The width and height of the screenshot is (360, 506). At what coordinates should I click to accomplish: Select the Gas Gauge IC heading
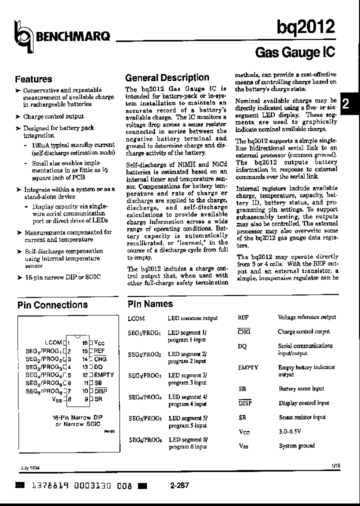295,52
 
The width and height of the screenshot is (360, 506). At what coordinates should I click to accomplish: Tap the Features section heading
33,79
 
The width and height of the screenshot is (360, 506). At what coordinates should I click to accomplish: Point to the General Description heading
167,77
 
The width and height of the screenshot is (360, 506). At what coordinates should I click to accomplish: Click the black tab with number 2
350,105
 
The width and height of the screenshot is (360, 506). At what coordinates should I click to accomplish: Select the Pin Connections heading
52,304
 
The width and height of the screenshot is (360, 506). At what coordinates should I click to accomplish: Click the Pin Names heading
150,303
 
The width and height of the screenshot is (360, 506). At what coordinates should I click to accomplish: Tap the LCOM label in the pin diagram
53,342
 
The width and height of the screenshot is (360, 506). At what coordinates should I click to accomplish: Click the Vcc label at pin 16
99,342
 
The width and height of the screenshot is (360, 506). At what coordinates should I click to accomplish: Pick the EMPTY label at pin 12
104,374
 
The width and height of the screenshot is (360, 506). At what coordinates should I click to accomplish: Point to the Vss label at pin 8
57,399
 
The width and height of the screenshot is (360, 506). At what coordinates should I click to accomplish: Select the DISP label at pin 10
101,391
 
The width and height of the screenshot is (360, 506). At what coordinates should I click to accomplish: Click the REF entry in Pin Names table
243,317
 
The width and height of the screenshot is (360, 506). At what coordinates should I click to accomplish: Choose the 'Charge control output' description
303,331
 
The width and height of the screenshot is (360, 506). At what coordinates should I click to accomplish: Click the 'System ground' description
296,445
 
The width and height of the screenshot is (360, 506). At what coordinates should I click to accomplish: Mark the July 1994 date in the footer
30,468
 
